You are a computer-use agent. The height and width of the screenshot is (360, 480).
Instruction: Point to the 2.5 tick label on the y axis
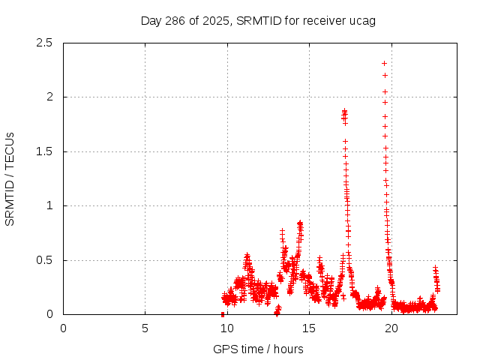point(44,43)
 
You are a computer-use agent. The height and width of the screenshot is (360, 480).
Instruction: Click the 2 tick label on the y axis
point(49,97)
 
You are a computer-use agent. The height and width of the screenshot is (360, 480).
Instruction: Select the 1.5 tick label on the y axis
point(44,151)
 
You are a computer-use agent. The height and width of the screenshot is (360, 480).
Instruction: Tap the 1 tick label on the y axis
point(49,205)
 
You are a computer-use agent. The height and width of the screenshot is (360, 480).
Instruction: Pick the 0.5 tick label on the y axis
point(44,260)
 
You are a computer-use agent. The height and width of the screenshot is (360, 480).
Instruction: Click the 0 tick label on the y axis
point(49,314)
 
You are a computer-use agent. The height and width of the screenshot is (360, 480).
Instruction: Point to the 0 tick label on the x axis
point(63,328)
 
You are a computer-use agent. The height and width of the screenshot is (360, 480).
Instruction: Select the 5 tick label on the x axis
point(145,328)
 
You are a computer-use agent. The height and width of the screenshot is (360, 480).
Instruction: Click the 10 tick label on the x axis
point(226,328)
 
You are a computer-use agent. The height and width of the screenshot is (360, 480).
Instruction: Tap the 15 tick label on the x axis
point(308,328)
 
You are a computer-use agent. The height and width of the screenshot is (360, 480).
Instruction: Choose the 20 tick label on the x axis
point(390,328)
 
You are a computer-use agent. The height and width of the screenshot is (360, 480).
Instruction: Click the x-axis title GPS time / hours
point(258,349)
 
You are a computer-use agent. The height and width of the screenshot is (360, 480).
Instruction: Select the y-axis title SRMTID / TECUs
point(10,178)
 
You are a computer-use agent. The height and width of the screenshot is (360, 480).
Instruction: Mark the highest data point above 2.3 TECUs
point(385,63)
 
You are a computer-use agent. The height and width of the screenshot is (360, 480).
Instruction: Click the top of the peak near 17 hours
point(344,112)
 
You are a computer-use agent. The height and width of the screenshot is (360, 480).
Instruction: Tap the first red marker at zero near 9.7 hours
point(223,314)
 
